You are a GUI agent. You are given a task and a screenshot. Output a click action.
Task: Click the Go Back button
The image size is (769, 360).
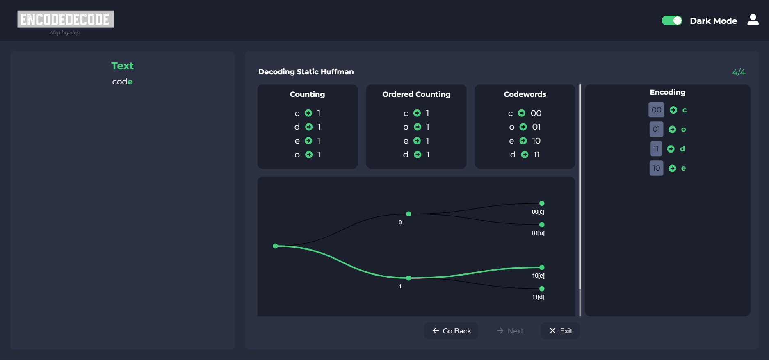451,331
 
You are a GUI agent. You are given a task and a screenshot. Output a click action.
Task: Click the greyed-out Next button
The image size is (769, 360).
510,331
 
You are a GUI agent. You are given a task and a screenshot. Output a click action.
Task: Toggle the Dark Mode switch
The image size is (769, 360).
672,21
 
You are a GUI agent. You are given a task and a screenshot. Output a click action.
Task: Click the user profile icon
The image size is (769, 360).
753,20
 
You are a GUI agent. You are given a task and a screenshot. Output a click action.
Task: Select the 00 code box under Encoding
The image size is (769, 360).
656,110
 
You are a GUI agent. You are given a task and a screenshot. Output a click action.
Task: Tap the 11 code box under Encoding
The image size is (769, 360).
656,148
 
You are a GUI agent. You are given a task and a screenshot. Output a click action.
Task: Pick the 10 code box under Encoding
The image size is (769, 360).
656,168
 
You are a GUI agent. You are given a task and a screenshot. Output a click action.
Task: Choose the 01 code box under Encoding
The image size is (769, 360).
656,129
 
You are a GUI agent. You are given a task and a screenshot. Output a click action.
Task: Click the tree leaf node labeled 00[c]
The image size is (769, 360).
542,203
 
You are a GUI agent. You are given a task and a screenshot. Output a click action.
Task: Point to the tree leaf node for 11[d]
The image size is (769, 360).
542,289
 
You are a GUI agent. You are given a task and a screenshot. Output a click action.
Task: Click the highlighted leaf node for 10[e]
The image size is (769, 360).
542,267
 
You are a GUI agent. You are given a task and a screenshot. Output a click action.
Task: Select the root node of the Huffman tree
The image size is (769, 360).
276,246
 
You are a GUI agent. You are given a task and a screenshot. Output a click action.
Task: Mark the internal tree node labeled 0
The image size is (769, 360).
408,214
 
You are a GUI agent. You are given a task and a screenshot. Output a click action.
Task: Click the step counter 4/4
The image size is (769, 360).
739,72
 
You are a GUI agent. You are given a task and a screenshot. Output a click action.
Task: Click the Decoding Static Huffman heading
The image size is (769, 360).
306,72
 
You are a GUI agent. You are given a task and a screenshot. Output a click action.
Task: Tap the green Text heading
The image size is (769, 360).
122,66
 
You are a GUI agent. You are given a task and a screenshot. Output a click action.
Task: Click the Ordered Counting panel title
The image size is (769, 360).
416,94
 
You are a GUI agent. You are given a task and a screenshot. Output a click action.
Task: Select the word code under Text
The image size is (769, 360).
122,82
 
